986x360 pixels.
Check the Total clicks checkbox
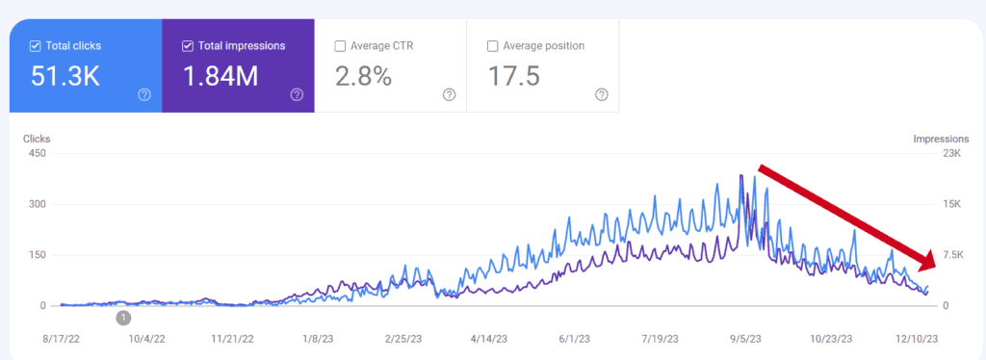pos(36,45)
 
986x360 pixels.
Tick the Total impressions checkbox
pos(187,45)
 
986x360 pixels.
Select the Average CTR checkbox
pos(340,45)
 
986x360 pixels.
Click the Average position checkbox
pos(493,45)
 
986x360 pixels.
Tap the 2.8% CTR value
pos(363,76)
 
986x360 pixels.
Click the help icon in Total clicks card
pos(144,94)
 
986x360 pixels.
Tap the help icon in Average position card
pos(602,94)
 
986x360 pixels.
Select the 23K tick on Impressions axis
pos(950,154)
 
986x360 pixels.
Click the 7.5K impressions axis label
pos(951,255)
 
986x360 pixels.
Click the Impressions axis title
pos(941,139)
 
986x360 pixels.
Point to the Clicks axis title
pos(37,139)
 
